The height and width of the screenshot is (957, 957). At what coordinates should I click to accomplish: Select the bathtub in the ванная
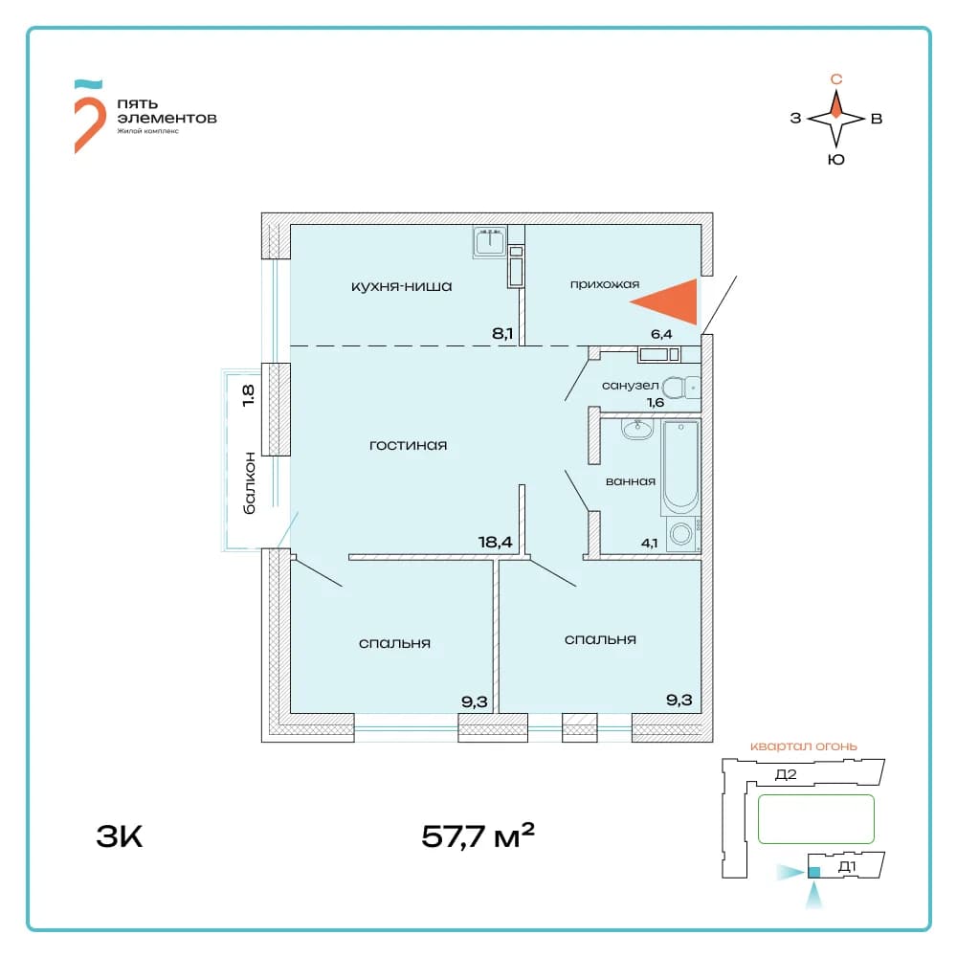(680, 467)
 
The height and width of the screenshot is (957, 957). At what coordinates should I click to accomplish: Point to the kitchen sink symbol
(490, 242)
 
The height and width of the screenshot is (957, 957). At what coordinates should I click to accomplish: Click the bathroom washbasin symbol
(637, 429)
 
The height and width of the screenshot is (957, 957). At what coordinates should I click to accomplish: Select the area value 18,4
(495, 542)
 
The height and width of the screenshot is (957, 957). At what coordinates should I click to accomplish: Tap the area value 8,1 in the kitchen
(502, 334)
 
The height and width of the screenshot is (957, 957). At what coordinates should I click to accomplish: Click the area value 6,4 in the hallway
(661, 334)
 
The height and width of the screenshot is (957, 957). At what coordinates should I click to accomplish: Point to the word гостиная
(408, 446)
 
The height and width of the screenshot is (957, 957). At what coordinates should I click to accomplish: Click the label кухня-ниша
(401, 286)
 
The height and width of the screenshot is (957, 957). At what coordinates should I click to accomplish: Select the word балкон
(249, 482)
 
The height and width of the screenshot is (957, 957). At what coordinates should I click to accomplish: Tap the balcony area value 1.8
(248, 395)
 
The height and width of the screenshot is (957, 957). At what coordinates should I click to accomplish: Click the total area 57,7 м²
(478, 835)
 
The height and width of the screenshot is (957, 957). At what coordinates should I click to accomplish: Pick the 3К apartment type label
(119, 836)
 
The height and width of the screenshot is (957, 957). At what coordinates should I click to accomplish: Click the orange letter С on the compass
(836, 78)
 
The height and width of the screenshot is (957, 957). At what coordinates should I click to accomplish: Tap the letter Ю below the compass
(836, 159)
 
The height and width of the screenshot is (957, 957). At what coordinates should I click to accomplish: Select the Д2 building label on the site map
(786, 774)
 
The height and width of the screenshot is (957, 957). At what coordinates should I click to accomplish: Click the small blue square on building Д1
(813, 872)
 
